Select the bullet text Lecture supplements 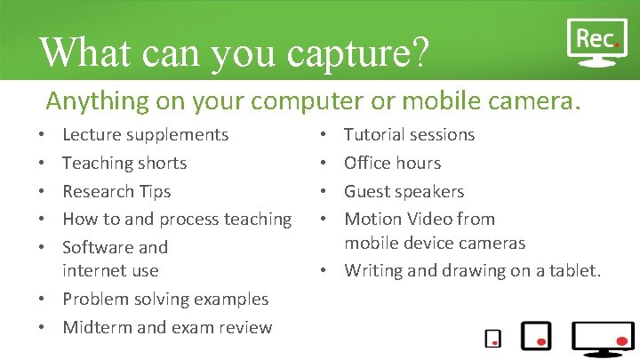(x=145, y=135)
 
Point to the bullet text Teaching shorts (x=124, y=164)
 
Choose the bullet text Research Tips (x=116, y=191)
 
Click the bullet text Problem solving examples (x=165, y=300)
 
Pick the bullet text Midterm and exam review (x=167, y=327)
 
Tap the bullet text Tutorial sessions (x=409, y=135)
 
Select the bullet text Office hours (x=392, y=164)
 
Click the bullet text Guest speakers (x=404, y=191)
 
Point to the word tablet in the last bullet (x=575, y=269)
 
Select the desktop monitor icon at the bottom (x=603, y=337)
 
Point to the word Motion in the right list (x=372, y=219)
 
